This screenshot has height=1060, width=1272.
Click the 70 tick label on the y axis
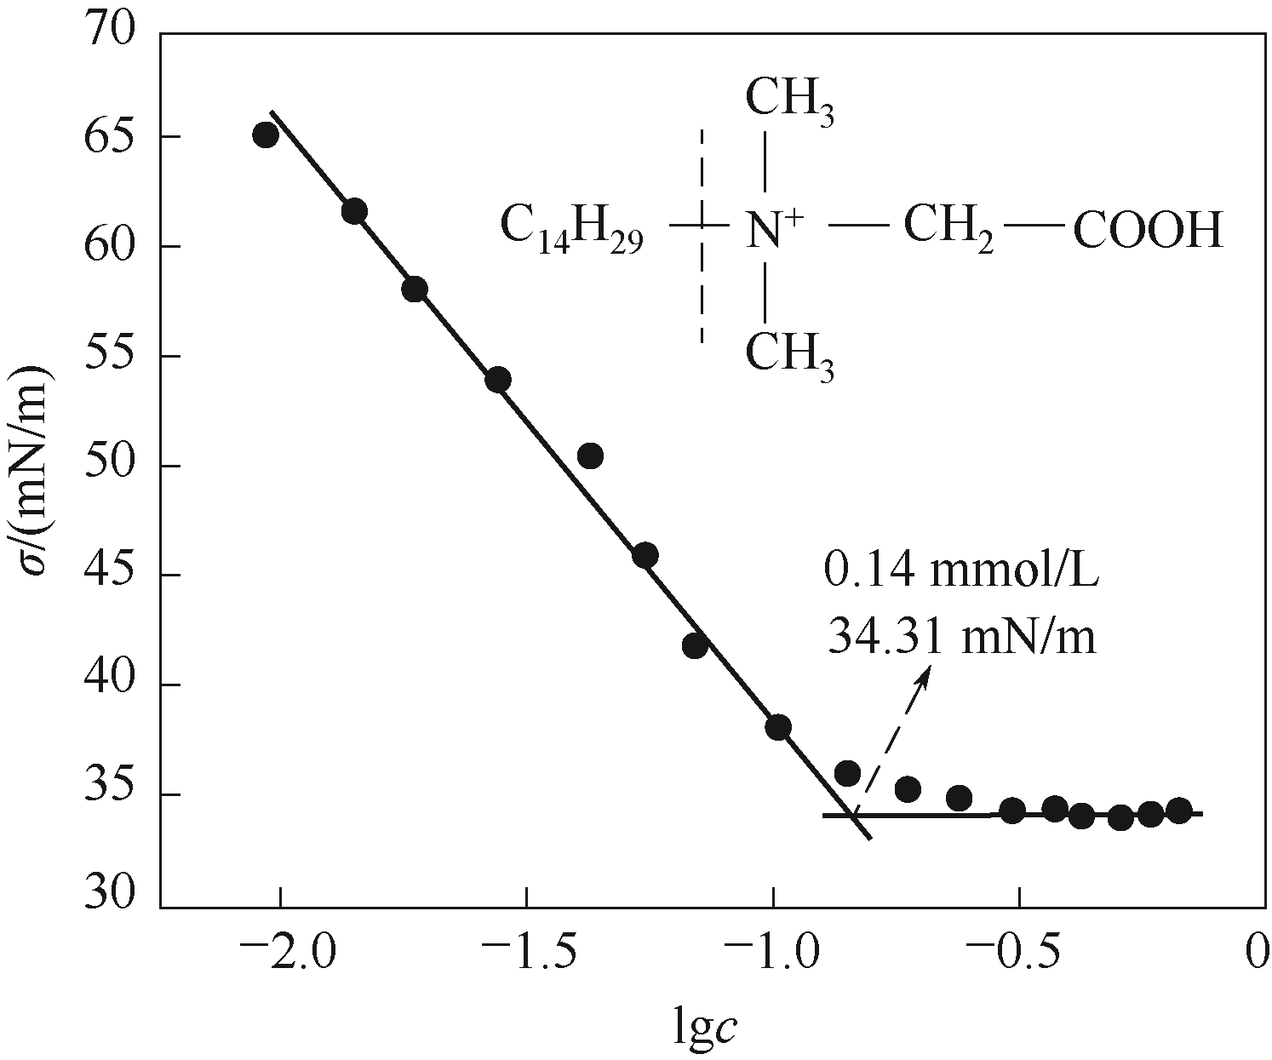[x=110, y=32]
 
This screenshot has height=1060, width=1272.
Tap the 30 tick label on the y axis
[x=110, y=897]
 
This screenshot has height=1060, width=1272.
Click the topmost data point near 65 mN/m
[x=266, y=135]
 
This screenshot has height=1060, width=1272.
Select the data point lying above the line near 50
[x=590, y=456]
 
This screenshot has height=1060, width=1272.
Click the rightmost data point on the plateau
[x=1178, y=810]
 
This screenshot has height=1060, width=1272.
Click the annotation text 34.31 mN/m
[x=961, y=635]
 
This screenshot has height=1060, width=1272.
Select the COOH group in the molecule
[x=1148, y=231]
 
